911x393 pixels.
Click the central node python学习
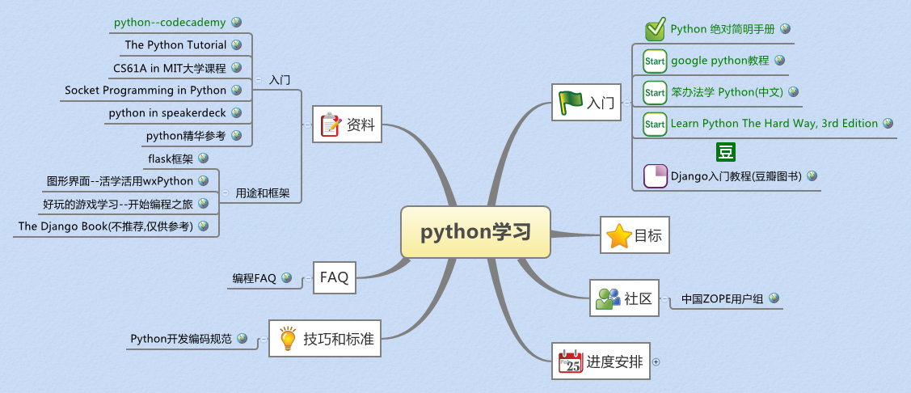tap(475, 232)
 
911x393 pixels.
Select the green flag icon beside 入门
tap(571, 102)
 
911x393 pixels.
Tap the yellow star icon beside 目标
tap(619, 236)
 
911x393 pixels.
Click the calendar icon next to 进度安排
tap(571, 362)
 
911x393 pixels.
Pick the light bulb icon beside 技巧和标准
tap(287, 339)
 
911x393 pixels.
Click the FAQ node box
tap(334, 277)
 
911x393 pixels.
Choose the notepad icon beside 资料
tap(331, 125)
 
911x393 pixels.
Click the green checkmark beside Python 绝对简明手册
tap(655, 30)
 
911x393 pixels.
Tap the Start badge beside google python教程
tap(654, 61)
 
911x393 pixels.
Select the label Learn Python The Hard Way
tap(774, 124)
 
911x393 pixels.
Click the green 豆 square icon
tap(725, 152)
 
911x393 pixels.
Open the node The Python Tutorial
tap(175, 45)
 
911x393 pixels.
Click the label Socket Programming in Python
tap(146, 91)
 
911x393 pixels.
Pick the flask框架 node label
tap(171, 158)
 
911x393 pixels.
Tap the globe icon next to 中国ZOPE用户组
tap(774, 298)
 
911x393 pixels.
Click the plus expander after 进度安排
tap(656, 362)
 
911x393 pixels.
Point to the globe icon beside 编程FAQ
tap(286, 277)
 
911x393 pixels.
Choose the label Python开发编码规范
tap(181, 339)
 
